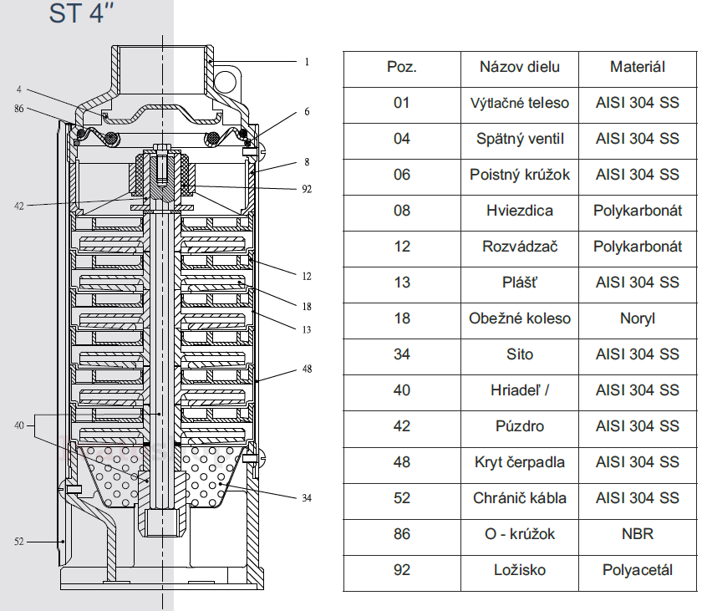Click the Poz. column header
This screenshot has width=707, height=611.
(x=402, y=67)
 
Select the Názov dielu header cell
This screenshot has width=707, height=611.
(x=520, y=67)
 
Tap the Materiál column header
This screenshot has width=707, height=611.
(x=638, y=67)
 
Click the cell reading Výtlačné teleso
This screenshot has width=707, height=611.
(x=520, y=103)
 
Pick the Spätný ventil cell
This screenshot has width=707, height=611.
(x=520, y=139)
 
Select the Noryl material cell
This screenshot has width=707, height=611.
(x=638, y=318)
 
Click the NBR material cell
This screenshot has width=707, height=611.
(x=638, y=534)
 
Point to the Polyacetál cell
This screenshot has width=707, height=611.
(x=638, y=570)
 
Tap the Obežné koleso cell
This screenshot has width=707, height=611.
(x=520, y=318)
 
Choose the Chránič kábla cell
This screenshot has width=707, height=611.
(x=520, y=498)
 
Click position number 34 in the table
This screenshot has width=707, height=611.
(x=402, y=354)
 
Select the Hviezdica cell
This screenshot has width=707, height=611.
(x=520, y=211)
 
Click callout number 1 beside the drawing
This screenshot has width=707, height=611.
(x=307, y=62)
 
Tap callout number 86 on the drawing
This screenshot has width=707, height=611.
(x=19, y=109)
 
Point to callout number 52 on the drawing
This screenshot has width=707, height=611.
(x=19, y=542)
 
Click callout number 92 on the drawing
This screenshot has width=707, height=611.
(x=307, y=189)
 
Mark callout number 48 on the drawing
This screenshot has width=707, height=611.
(x=307, y=369)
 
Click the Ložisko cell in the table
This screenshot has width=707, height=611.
(x=520, y=570)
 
